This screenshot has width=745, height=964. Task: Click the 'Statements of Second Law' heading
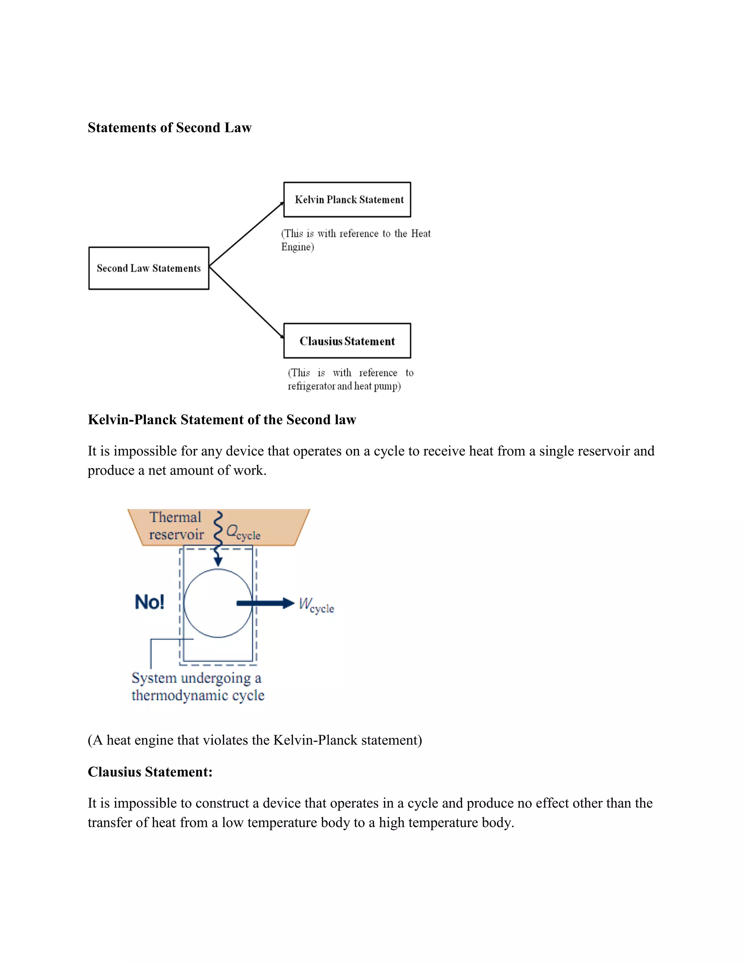tap(170, 128)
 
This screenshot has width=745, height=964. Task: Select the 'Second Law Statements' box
tap(149, 268)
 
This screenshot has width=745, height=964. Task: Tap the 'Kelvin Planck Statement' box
tap(347, 199)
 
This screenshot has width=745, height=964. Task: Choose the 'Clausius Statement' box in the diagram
tap(347, 341)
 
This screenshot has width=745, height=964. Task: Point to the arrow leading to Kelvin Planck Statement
tap(246, 234)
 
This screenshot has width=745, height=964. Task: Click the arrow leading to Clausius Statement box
tap(246, 302)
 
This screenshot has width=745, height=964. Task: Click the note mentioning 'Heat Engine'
tap(356, 240)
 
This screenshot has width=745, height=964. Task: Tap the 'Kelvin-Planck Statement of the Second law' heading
tap(222, 419)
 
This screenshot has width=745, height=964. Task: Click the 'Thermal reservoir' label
tap(176, 526)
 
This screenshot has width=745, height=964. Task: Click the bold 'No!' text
tap(149, 602)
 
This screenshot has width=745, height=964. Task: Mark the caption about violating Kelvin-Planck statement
tap(255, 740)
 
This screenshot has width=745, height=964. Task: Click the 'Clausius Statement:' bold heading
tap(150, 772)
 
